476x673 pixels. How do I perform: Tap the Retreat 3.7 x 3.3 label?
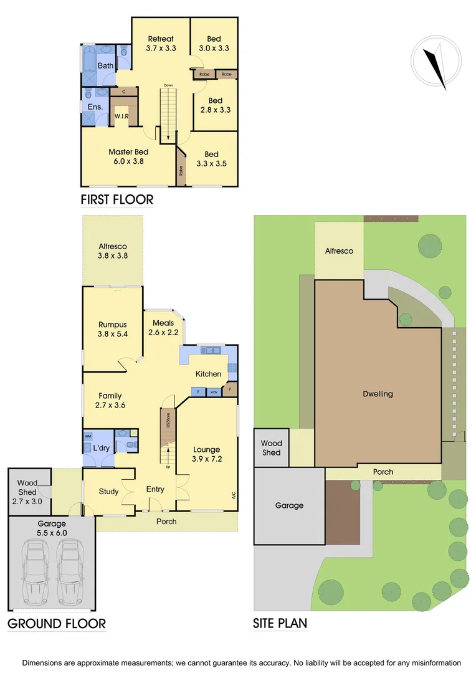tap(160, 43)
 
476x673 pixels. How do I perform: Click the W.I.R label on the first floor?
tap(121, 116)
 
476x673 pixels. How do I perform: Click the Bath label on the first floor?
tap(105, 65)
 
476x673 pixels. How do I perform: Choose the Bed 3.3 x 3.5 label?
tap(211, 159)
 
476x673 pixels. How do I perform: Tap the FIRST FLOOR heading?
tap(117, 200)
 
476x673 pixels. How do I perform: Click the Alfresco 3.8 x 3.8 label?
tap(113, 251)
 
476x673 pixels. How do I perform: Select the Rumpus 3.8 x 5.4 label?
tap(112, 330)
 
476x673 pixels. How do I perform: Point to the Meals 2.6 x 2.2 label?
tap(163, 327)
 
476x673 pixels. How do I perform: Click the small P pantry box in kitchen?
tap(230, 391)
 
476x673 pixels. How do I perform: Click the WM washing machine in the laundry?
tap(88, 436)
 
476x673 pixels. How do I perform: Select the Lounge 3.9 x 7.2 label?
tap(206, 454)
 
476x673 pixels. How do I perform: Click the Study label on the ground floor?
tap(108, 492)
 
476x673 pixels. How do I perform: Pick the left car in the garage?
tap(35, 572)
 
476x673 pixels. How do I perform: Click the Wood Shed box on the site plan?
tap(271, 447)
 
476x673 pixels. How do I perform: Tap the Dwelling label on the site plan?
tap(378, 394)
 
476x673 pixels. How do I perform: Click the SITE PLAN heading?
tap(280, 623)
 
